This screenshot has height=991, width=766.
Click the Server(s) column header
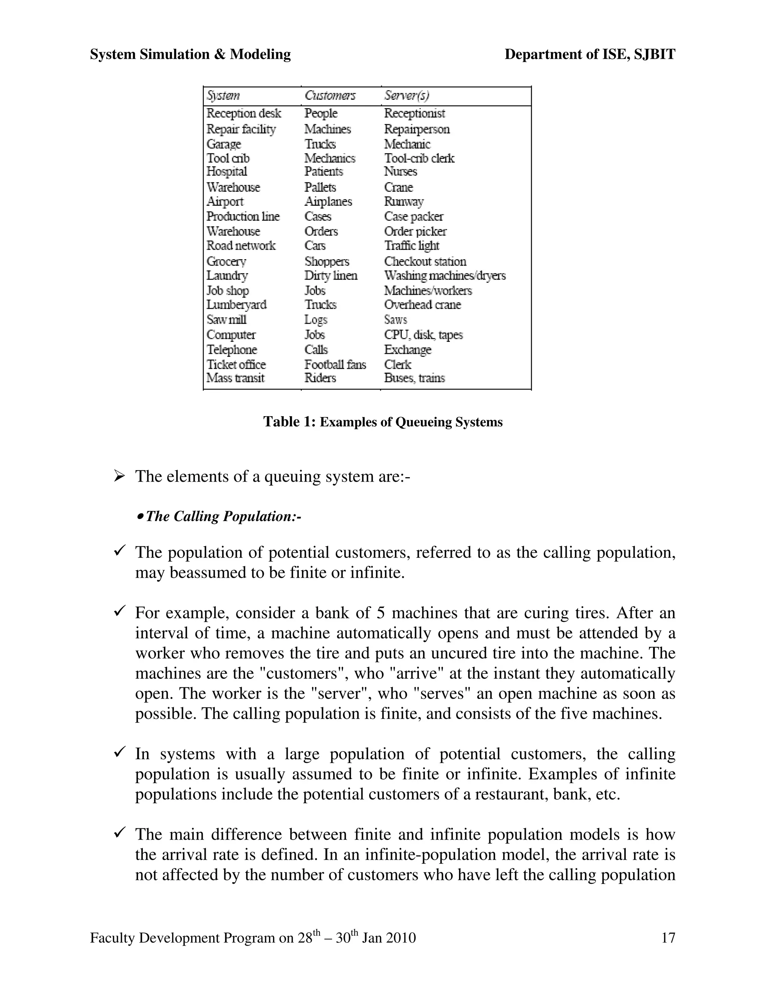point(406,96)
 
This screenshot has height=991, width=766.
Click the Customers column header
point(330,96)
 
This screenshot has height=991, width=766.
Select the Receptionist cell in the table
point(414,113)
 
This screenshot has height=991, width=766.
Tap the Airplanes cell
point(328,202)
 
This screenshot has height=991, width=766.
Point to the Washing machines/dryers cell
point(444,276)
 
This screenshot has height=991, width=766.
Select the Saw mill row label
point(226,319)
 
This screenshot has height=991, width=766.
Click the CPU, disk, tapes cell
point(423,335)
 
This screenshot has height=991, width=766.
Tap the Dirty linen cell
point(331,276)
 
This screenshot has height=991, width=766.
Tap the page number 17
point(668,938)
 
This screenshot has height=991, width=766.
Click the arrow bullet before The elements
point(119,476)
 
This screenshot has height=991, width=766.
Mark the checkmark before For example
point(119,612)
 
